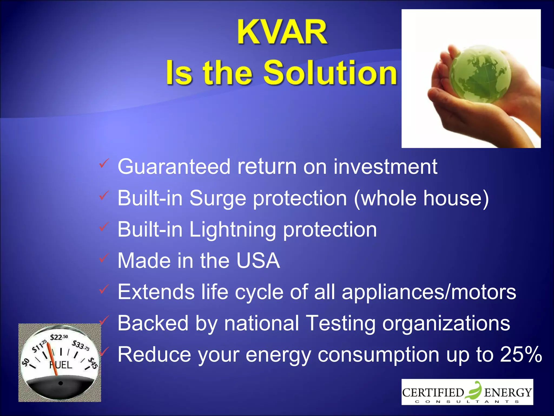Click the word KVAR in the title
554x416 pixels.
(282, 32)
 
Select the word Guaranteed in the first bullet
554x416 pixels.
(174, 166)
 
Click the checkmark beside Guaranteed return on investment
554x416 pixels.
(104, 163)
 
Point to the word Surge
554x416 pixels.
(218, 198)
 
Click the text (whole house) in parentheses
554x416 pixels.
(421, 198)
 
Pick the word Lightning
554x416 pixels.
(232, 230)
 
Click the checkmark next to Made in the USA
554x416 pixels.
(104, 258)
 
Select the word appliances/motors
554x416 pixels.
(429, 292)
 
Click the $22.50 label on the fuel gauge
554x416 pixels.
(59, 337)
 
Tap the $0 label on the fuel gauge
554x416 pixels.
(26, 362)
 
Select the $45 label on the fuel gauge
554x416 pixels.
(93, 363)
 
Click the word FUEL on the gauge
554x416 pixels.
(61, 365)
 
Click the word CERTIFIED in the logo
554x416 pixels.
(433, 393)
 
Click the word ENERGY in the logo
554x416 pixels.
(508, 393)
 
